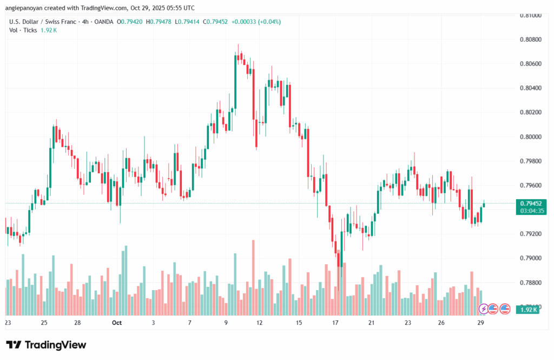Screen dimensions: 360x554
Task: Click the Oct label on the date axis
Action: tap(116, 323)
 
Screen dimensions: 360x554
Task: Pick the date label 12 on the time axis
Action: tap(260, 323)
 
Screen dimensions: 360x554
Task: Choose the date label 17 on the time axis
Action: tap(335, 323)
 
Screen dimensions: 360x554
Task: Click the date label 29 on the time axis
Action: tap(480, 323)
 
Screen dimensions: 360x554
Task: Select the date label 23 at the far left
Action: tap(8, 323)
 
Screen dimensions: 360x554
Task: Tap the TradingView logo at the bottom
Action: tap(46, 345)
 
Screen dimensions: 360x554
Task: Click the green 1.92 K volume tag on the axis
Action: tap(526, 309)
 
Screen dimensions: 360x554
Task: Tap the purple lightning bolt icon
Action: tap(484, 309)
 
